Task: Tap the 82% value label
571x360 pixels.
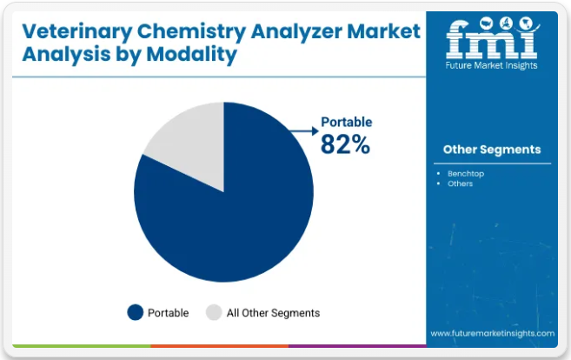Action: click(x=345, y=145)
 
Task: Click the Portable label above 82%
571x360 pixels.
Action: click(x=347, y=122)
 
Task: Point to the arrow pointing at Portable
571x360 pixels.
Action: click(x=304, y=130)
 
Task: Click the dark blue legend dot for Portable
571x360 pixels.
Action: click(x=135, y=312)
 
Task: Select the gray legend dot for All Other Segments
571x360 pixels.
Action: click(x=214, y=312)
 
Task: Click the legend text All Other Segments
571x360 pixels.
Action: click(x=274, y=312)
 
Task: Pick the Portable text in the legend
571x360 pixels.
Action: click(x=168, y=312)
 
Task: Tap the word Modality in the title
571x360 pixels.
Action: click(x=192, y=56)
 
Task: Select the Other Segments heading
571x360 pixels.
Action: click(x=492, y=150)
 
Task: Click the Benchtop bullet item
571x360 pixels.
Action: click(x=466, y=173)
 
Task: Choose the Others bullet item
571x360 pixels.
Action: click(x=461, y=183)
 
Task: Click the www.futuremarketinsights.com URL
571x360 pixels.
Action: click(x=492, y=333)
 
